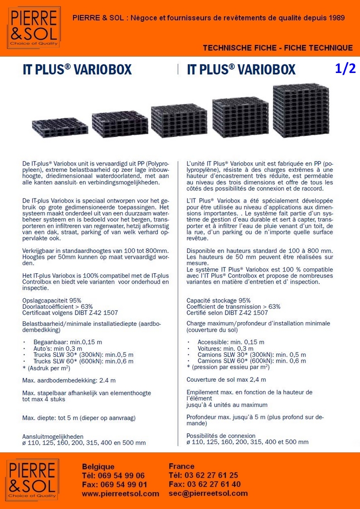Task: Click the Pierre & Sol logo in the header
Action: [x=32, y=28]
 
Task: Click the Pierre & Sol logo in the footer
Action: [x=32, y=479]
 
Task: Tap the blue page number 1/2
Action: [x=345, y=68]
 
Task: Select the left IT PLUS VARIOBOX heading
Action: [x=77, y=69]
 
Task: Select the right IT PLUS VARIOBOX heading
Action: [x=241, y=69]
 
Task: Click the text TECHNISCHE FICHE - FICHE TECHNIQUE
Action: [x=277, y=48]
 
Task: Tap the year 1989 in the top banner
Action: [x=336, y=18]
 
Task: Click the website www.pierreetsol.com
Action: [x=120, y=494]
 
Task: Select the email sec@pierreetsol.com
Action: [x=208, y=493]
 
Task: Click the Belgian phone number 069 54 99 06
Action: [x=120, y=475]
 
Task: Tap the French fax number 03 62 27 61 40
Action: [x=211, y=484]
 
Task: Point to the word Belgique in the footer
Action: [x=98, y=466]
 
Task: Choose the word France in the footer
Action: [x=181, y=466]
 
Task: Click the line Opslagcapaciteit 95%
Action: [x=52, y=300]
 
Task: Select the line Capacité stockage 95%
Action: [x=218, y=300]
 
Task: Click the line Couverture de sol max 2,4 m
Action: [x=226, y=379]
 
